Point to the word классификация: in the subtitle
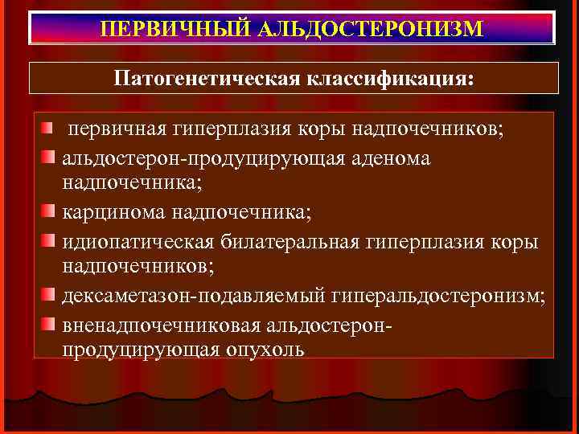(x=386, y=78)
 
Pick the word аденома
(x=389, y=158)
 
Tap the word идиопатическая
(x=138, y=242)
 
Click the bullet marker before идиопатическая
(x=49, y=240)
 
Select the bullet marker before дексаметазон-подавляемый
(x=49, y=295)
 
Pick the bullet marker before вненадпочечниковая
(x=49, y=323)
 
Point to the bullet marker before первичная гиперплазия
(x=49, y=129)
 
